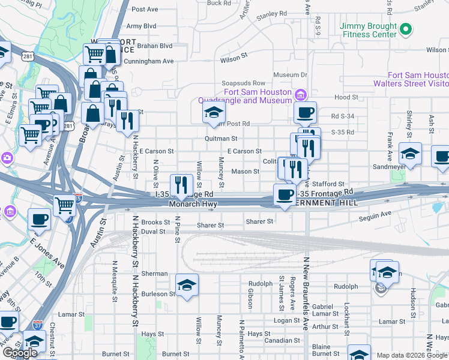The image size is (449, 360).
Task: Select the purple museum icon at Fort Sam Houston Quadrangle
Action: point(300,94)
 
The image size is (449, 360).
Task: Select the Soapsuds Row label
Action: point(243,83)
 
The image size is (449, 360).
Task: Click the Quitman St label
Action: point(216,139)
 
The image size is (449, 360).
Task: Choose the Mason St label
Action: point(245,172)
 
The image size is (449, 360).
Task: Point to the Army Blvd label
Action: point(141,26)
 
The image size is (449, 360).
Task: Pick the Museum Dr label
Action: point(290,75)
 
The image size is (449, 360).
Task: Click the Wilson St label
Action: point(234,59)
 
